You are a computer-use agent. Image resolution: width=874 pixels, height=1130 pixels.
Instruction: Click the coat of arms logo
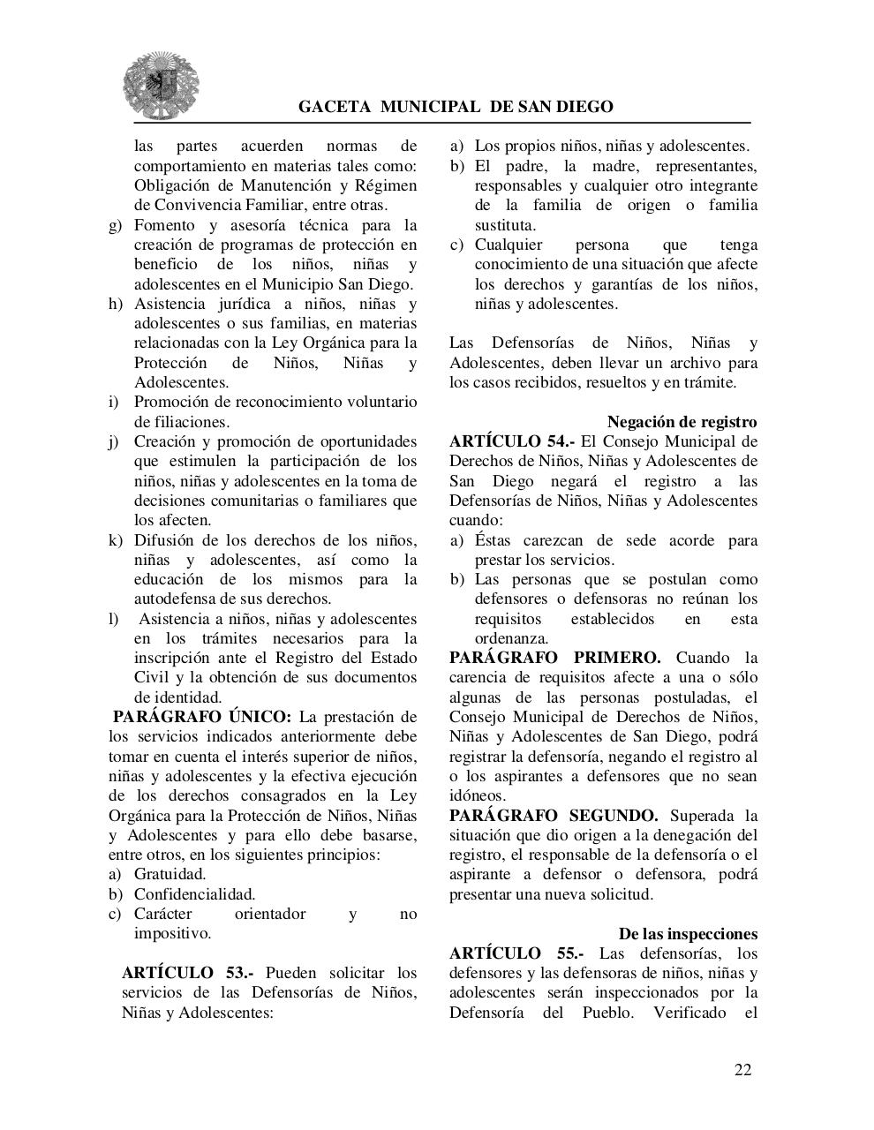tap(161, 85)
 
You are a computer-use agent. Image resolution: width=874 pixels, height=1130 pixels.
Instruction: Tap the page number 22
tap(742, 1069)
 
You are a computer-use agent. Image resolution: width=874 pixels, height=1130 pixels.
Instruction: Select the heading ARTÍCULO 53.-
tap(188, 973)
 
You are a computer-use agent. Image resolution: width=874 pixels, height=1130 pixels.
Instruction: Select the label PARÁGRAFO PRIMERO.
tap(554, 658)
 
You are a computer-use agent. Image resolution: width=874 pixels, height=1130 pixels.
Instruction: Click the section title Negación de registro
tap(682, 422)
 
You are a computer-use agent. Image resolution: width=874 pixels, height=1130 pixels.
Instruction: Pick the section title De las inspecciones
tap(688, 934)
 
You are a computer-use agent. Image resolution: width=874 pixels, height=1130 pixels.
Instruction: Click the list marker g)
tap(116, 225)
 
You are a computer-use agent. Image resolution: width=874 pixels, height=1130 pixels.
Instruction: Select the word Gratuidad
tap(170, 874)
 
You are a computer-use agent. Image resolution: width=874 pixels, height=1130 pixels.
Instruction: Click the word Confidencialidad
tap(194, 894)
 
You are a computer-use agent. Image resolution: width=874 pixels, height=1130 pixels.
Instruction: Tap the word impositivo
tap(172, 933)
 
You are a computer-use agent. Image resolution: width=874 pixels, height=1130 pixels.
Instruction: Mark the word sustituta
tap(505, 225)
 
